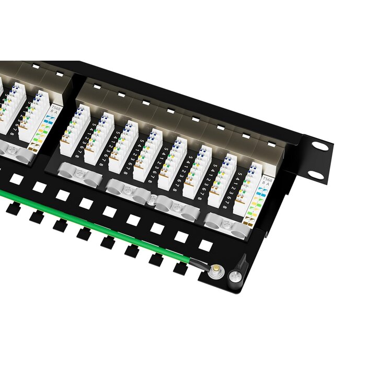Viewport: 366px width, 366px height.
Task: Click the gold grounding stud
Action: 215,270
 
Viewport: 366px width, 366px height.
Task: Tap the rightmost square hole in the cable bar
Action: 205,246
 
